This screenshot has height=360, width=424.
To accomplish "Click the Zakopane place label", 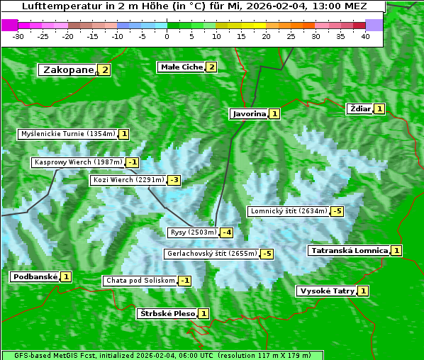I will pyautogui.click(x=68, y=69).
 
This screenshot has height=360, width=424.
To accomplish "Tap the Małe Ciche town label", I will pyautogui.click(x=181, y=67).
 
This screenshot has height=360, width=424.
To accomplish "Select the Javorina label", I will pyautogui.click(x=249, y=113).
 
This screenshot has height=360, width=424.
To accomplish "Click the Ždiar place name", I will pyautogui.click(x=359, y=108).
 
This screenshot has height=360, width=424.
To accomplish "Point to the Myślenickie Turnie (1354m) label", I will pyautogui.click(x=67, y=133).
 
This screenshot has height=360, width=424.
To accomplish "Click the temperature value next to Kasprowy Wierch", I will pyautogui.click(x=132, y=162).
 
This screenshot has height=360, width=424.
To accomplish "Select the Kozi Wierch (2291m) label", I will pyautogui.click(x=128, y=180).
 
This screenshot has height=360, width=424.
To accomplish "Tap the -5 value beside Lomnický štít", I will pyautogui.click(x=337, y=211).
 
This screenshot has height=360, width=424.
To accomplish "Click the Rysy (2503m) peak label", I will pyautogui.click(x=193, y=232).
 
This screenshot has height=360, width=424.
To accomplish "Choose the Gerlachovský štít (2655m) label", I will pyautogui.click(x=212, y=254).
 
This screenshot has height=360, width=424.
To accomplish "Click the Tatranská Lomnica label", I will pyautogui.click(x=350, y=250).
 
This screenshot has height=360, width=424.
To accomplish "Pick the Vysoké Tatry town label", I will pyautogui.click(x=327, y=291).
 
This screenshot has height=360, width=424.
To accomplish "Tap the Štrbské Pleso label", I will pyautogui.click(x=167, y=313).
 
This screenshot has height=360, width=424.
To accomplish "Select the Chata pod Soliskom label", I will pyautogui.click(x=139, y=281).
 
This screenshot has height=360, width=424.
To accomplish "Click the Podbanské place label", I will pyautogui.click(x=34, y=276).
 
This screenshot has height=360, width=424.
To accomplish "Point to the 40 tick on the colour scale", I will pyautogui.click(x=365, y=36).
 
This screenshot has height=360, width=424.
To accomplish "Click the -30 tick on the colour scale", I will pyautogui.click(x=18, y=36).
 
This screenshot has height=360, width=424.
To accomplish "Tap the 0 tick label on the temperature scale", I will pyautogui.click(x=167, y=36).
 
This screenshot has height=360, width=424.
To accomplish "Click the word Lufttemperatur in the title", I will pyautogui.click(x=54, y=6).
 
